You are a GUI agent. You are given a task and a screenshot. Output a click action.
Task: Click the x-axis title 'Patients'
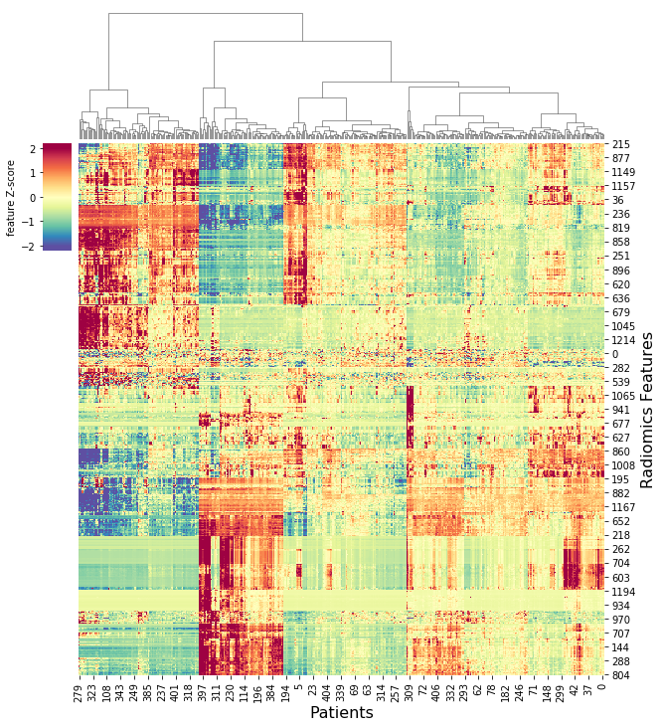click(341, 712)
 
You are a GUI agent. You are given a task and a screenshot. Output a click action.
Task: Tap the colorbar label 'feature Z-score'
click(12, 196)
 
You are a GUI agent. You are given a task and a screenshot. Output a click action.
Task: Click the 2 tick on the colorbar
click(33, 149)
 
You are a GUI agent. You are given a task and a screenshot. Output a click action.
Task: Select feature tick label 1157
click(623, 187)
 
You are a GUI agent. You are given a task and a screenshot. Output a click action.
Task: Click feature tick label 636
click(620, 298)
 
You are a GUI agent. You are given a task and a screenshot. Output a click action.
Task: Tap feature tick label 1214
click(623, 340)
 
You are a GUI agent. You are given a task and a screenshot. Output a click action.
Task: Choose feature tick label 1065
click(623, 396)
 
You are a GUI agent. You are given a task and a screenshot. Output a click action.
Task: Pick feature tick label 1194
click(623, 592)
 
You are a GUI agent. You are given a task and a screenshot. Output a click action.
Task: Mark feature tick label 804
click(620, 675)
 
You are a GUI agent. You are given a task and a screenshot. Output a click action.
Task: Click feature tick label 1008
click(623, 465)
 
